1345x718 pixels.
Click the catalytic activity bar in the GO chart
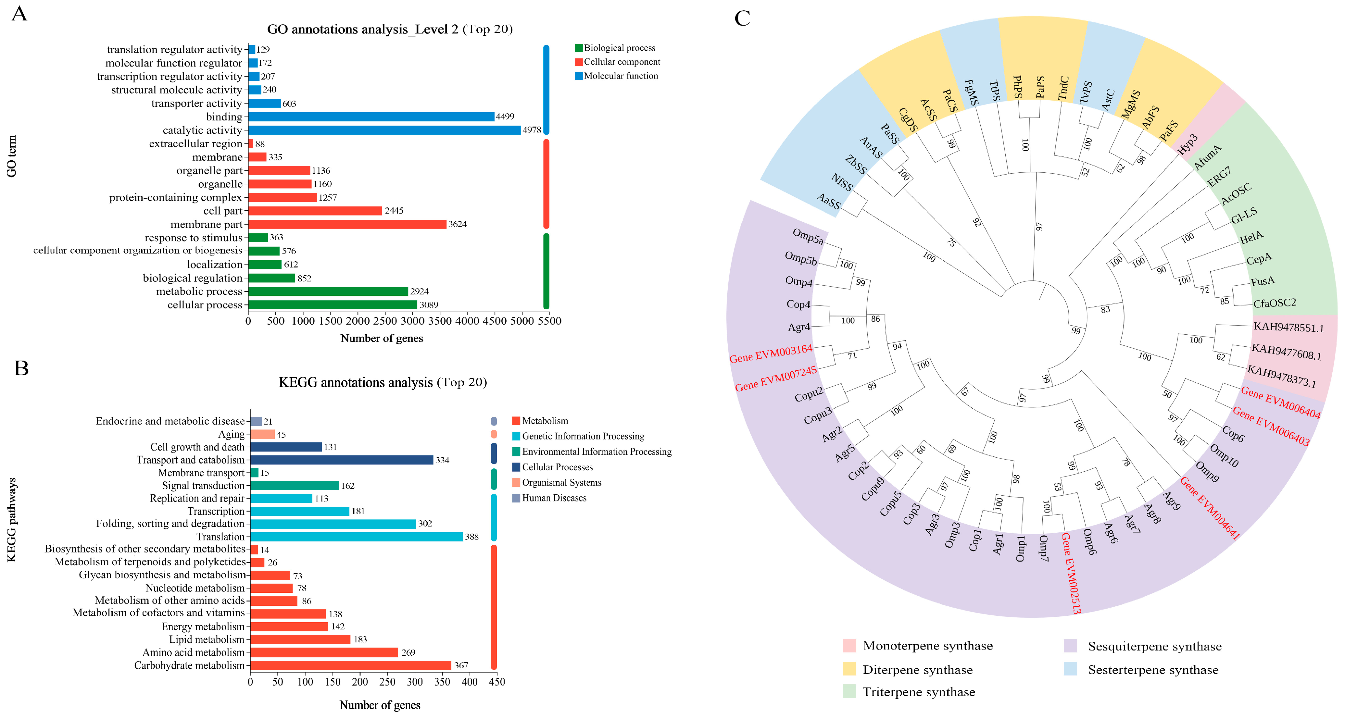tap(384, 130)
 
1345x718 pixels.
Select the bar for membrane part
tap(347, 224)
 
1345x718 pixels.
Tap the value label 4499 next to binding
tap(505, 116)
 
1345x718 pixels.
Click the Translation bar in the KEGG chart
tap(357, 537)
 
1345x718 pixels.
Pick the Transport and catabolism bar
tap(342, 460)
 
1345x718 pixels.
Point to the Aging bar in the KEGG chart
tap(263, 434)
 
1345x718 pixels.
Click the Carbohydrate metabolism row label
tap(190, 665)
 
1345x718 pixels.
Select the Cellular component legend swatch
tap(579, 62)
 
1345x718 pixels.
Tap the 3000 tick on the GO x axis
tap(412, 321)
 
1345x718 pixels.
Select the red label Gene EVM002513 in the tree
tap(1071, 573)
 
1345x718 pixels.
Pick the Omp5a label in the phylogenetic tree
tap(808, 236)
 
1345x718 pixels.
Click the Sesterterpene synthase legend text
tap(1153, 670)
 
